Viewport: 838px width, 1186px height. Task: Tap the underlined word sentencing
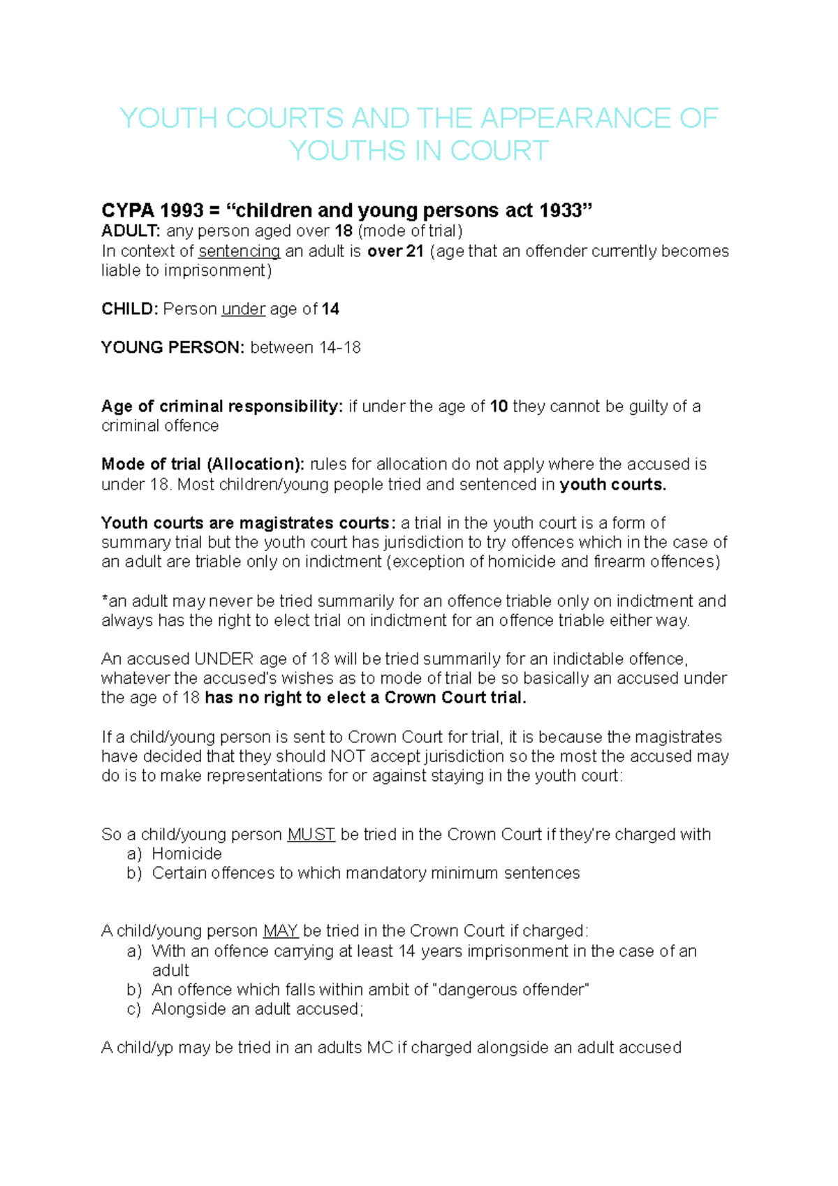pyautogui.click(x=239, y=251)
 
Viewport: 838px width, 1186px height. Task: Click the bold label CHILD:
pyautogui.click(x=130, y=309)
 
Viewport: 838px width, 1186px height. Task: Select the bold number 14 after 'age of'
pyautogui.click(x=330, y=309)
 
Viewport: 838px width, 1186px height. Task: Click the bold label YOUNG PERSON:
pyautogui.click(x=172, y=347)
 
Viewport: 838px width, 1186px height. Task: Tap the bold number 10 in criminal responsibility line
pyautogui.click(x=499, y=407)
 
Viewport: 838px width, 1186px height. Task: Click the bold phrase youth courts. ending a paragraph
pyautogui.click(x=612, y=485)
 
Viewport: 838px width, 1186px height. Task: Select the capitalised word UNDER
pyautogui.click(x=223, y=659)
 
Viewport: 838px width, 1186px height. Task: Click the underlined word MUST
pyautogui.click(x=311, y=834)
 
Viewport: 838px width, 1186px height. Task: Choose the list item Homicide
pyautogui.click(x=186, y=854)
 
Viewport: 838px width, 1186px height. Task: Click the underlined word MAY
pyautogui.click(x=281, y=931)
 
